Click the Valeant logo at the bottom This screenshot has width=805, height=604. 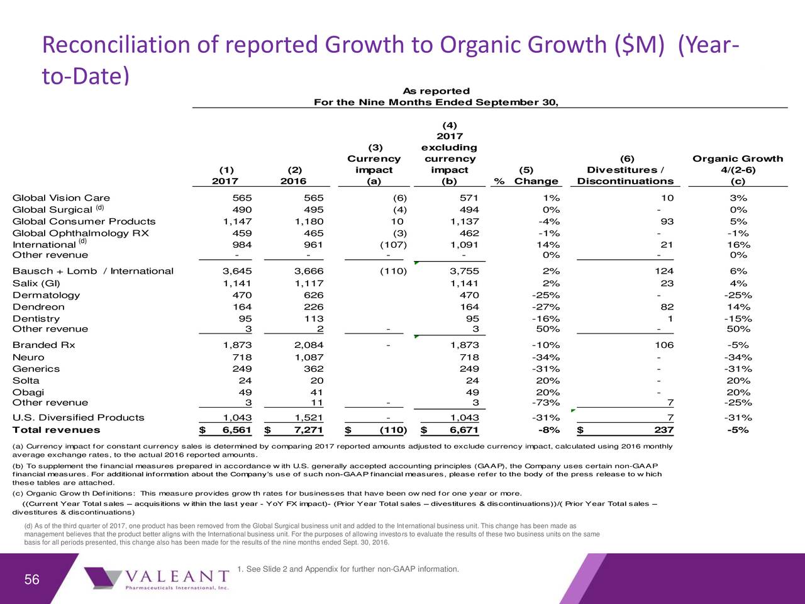point(157,579)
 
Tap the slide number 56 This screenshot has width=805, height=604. point(32,579)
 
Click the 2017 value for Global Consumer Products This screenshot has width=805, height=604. point(237,221)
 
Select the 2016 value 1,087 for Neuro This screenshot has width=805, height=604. point(309,357)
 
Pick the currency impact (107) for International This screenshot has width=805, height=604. point(393,245)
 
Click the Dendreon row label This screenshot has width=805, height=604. point(38,307)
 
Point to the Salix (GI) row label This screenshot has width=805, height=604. point(36,283)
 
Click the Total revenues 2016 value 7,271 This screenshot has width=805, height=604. point(308,430)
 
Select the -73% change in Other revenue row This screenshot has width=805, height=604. point(546,403)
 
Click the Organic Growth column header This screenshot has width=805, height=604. point(738,170)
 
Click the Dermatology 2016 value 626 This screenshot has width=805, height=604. point(314,295)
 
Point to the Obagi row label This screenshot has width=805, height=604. point(28,393)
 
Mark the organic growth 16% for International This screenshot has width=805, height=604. point(738,245)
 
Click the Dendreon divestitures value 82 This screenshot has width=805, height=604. point(667,307)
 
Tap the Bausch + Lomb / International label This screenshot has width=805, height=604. point(93,271)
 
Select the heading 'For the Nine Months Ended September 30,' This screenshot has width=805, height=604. point(436,102)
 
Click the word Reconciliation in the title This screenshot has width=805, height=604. point(116,45)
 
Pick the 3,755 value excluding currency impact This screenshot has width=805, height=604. point(464,271)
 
